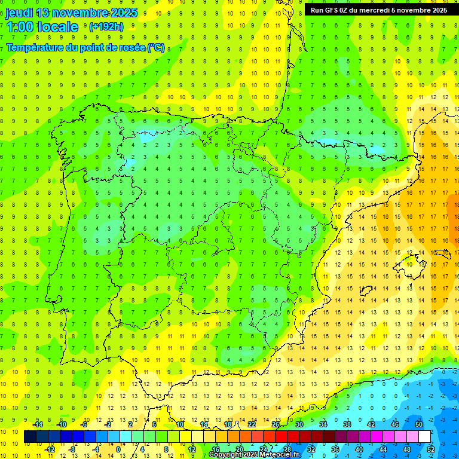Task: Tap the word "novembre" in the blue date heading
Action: point(84,13)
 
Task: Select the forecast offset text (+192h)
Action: point(106,26)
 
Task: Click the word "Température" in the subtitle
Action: point(36,47)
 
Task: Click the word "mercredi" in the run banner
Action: point(387,10)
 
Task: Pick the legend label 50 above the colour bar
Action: point(418,424)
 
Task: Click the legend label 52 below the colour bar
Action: point(430,449)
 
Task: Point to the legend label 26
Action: point(276,424)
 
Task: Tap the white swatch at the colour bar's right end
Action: point(425,437)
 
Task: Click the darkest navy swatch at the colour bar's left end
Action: point(30,437)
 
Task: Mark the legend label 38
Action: point(347,424)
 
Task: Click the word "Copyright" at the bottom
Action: point(226,455)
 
